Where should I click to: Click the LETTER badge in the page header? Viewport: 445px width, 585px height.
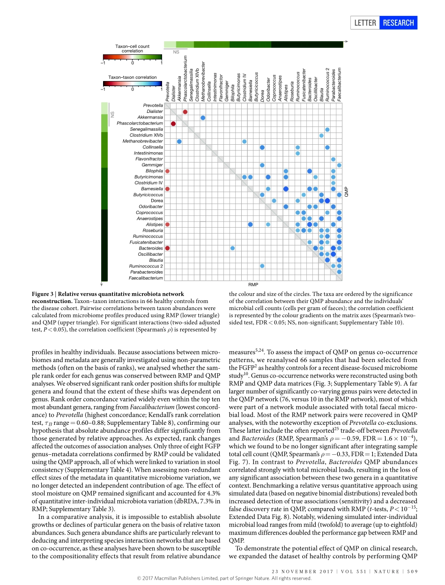pyautogui.click(x=365, y=22)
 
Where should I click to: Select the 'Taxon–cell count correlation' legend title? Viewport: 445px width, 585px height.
pyautogui.click(x=133, y=48)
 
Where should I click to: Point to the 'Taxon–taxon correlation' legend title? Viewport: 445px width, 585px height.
pyautogui.click(x=133, y=77)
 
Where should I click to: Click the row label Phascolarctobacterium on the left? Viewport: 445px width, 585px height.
pyautogui.click(x=140, y=123)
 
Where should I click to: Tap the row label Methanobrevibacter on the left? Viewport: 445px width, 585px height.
pyautogui.click(x=143, y=141)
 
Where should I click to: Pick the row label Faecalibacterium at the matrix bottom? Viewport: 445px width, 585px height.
pyautogui.click(x=146, y=278)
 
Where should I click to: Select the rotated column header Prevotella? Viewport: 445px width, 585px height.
pyautogui.click(x=168, y=92)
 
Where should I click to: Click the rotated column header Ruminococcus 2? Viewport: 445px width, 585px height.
pyautogui.click(x=327, y=84)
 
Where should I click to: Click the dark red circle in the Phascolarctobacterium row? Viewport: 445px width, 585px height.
pyautogui.click(x=173, y=124)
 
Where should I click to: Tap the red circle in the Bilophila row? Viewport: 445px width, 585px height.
pyautogui.click(x=167, y=171)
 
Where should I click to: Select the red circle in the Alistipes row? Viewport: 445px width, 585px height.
pyautogui.click(x=167, y=224)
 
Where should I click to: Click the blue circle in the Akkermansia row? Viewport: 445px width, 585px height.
pyautogui.click(x=203, y=118)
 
